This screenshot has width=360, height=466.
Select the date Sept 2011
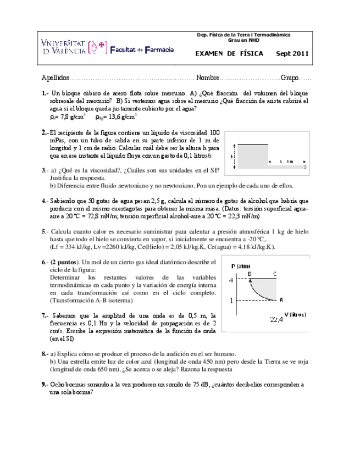point(292,54)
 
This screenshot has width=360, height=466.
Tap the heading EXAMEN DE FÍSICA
point(229,54)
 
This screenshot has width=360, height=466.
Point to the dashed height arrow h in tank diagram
point(235,156)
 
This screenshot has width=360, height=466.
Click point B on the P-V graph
point(250,274)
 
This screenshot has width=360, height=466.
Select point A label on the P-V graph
point(281,299)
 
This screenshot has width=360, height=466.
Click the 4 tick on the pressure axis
point(231,280)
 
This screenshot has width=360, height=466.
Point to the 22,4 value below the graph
point(276,319)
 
